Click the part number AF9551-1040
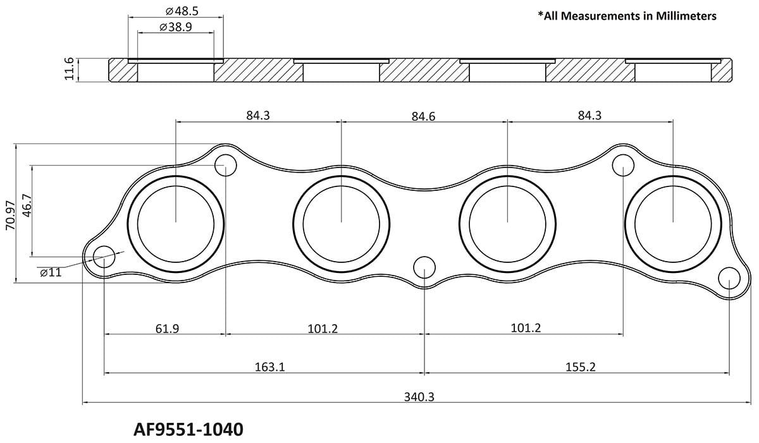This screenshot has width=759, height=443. click(188, 430)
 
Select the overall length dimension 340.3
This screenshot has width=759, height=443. click(418, 397)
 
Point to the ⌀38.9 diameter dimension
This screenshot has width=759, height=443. click(176, 28)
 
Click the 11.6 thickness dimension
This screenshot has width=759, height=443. click(70, 69)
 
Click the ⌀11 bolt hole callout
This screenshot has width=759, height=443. click(51, 272)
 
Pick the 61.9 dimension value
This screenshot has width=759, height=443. click(166, 329)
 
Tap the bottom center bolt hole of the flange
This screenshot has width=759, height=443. click(424, 267)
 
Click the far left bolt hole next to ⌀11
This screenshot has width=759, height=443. click(104, 257)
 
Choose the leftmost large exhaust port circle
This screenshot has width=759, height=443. click(176, 222)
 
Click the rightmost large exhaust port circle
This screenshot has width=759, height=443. click(673, 222)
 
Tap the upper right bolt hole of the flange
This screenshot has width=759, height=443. click(624, 166)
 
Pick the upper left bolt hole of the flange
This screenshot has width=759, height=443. click(225, 166)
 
